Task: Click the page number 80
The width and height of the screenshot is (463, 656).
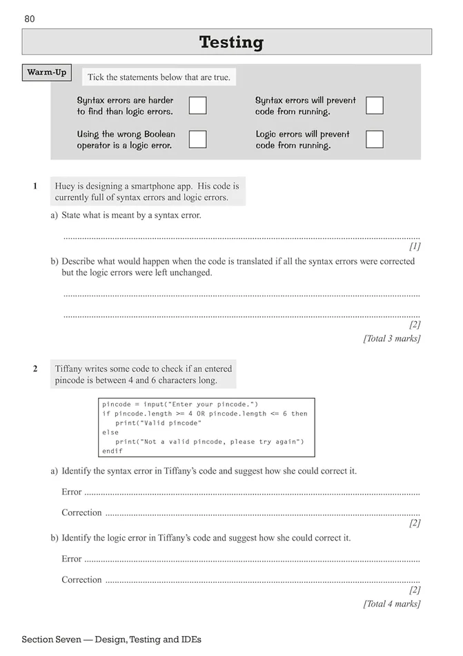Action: click(x=29, y=19)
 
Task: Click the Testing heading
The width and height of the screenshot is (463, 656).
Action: click(x=231, y=42)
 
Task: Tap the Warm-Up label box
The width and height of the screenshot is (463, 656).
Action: click(x=47, y=73)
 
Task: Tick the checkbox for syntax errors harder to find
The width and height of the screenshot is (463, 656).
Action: click(x=197, y=106)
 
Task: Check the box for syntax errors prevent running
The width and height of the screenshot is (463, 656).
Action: click(x=375, y=106)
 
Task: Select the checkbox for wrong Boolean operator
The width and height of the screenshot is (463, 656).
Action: click(x=197, y=139)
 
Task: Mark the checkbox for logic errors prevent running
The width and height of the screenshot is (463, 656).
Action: click(x=375, y=139)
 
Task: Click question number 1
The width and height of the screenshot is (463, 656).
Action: click(x=35, y=186)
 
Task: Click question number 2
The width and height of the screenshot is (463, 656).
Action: click(x=35, y=369)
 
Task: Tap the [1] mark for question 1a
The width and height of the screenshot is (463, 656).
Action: click(x=415, y=246)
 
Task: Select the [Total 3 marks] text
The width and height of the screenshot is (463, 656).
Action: click(x=392, y=338)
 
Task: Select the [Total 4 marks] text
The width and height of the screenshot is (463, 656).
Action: click(x=392, y=604)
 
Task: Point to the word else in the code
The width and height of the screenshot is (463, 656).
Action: click(x=110, y=432)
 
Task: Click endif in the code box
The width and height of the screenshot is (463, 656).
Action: click(x=112, y=451)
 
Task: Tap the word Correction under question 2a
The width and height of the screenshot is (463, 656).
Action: click(x=81, y=513)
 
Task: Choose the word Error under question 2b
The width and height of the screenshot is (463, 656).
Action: click(x=72, y=559)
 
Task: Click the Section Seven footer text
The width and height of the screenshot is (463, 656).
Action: click(x=111, y=640)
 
